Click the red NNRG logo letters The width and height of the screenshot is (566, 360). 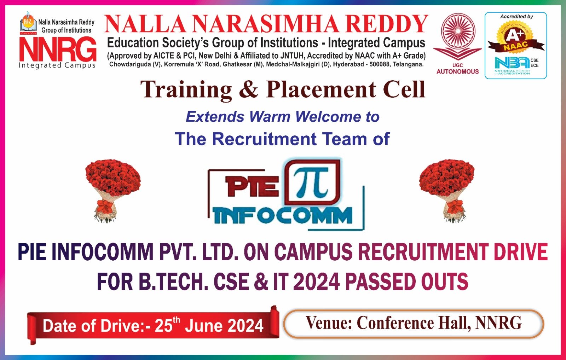(x=58, y=50)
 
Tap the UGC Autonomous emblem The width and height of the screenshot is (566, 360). (x=457, y=35)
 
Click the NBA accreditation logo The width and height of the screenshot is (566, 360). (x=512, y=64)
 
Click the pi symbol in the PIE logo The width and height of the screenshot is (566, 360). (x=312, y=182)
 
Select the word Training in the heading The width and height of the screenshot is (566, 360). (x=186, y=90)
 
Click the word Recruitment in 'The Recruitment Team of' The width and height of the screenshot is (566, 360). (x=264, y=139)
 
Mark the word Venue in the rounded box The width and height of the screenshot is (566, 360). (x=328, y=323)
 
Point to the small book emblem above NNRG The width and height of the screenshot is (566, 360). (x=28, y=24)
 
